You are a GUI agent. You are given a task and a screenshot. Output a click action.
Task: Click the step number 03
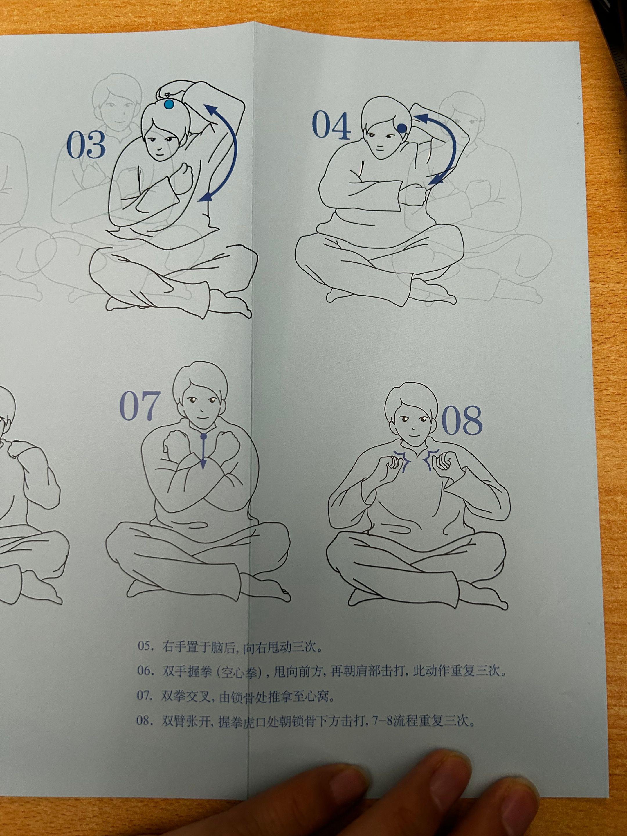(86, 145)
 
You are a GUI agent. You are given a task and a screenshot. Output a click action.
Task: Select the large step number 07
(138, 407)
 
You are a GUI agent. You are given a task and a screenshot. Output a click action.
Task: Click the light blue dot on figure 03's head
(169, 104)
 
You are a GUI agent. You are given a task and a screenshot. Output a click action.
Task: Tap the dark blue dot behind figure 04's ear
(402, 129)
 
